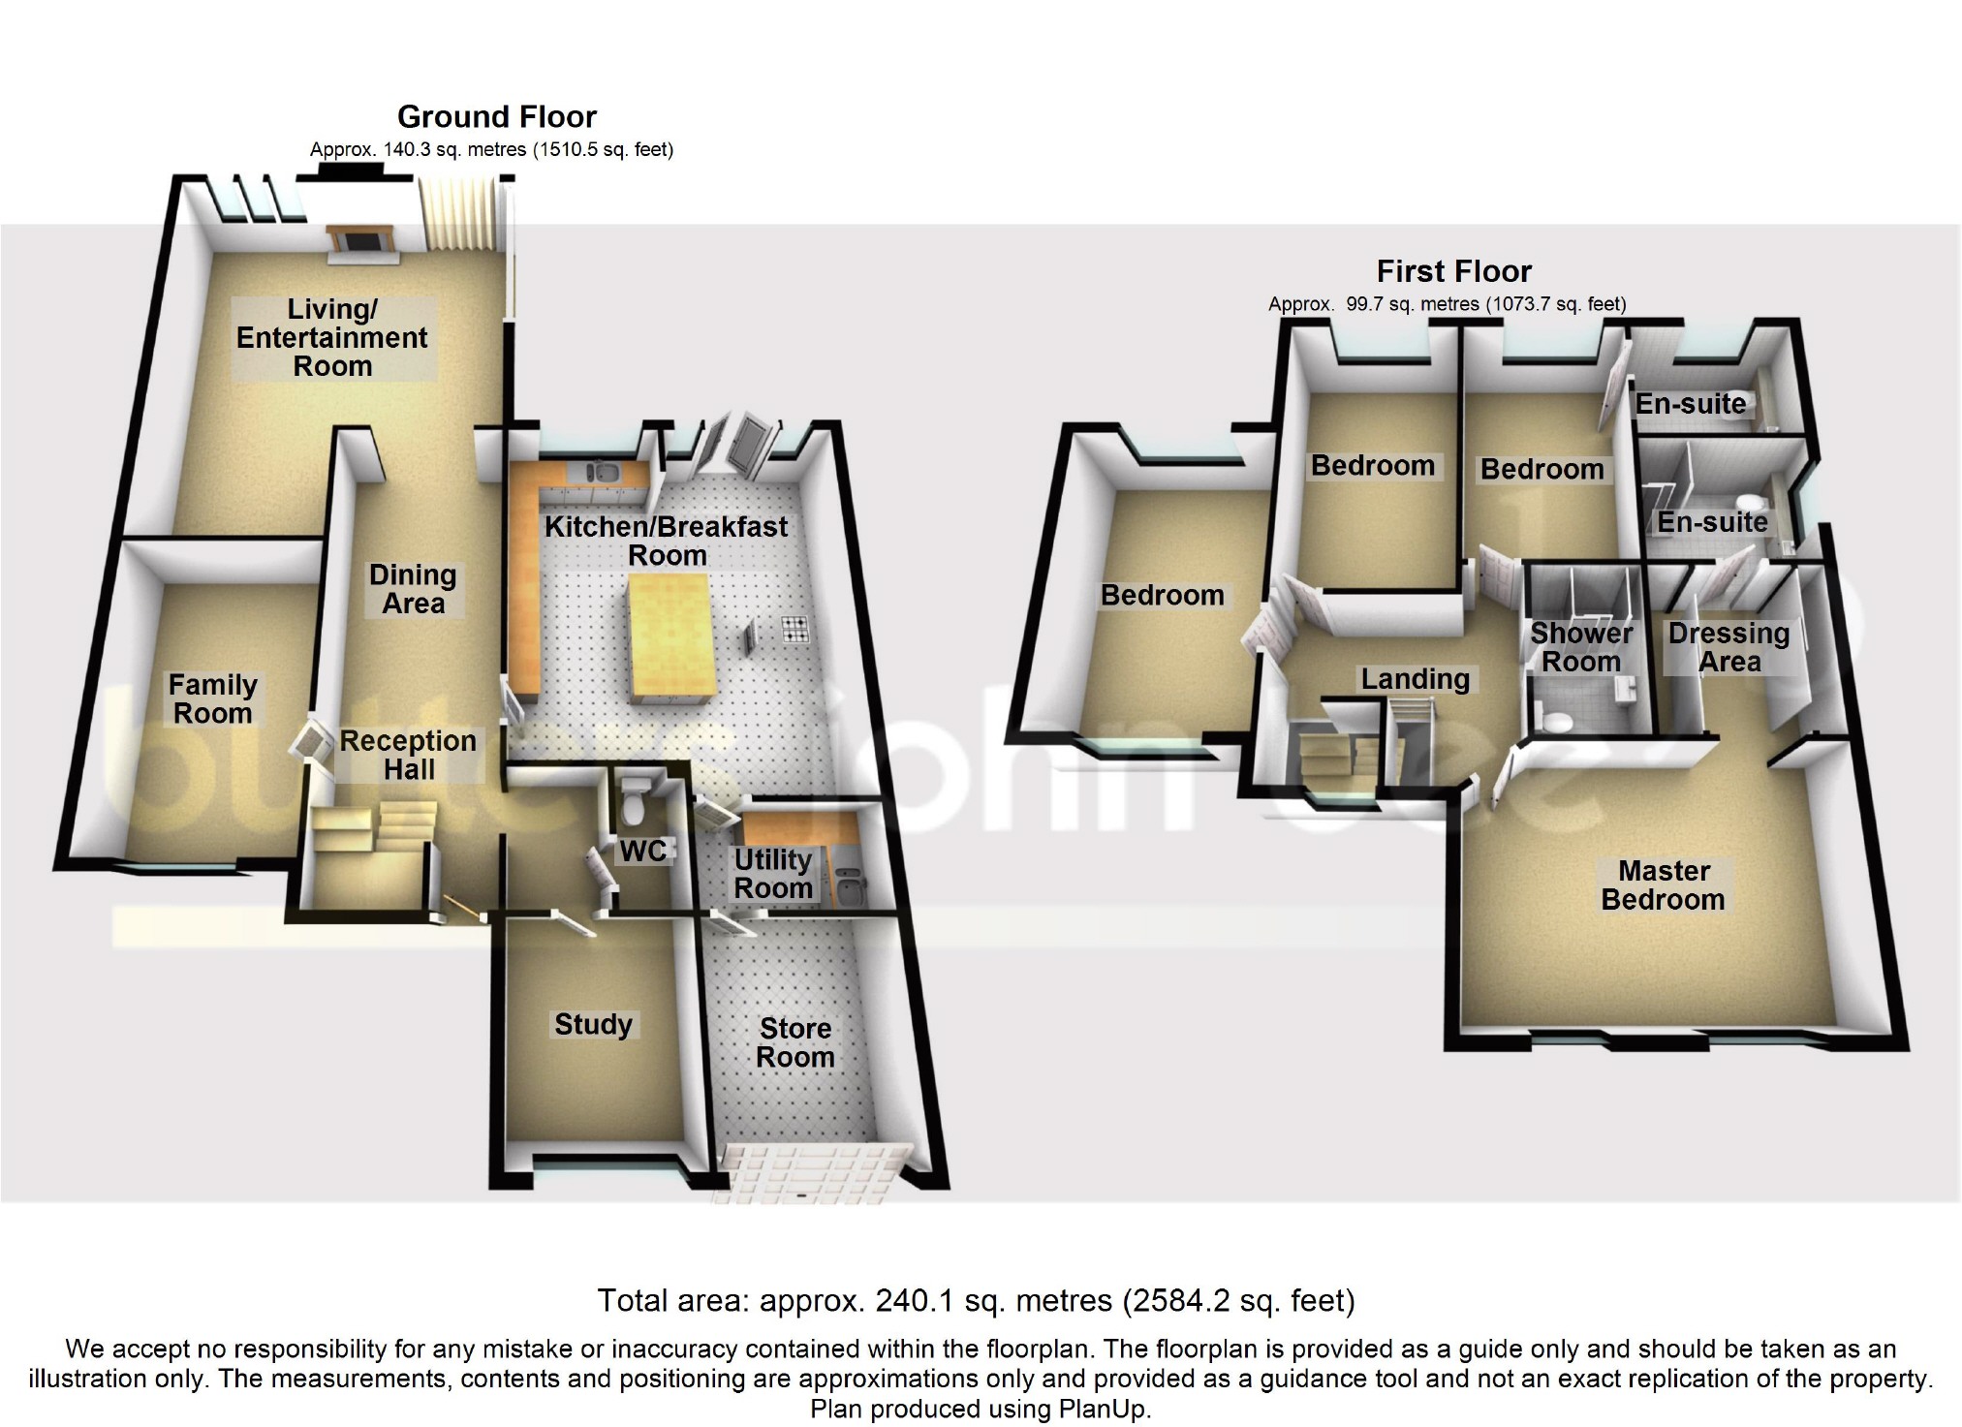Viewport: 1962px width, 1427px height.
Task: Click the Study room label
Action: pyautogui.click(x=593, y=1025)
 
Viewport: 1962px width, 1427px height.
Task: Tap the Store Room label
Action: pyautogui.click(x=795, y=1042)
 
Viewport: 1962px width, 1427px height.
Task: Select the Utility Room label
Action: pyautogui.click(x=772, y=874)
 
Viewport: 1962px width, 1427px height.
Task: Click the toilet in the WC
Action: pyautogui.click(x=636, y=798)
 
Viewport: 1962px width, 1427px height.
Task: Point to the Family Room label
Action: pyautogui.click(x=212, y=699)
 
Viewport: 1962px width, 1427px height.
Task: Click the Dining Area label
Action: pyautogui.click(x=413, y=589)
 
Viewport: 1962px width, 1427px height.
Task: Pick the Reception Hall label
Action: pyautogui.click(x=408, y=756)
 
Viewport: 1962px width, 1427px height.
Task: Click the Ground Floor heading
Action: pyautogui.click(x=497, y=117)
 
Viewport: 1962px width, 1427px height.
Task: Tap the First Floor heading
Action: pyautogui.click(x=1453, y=271)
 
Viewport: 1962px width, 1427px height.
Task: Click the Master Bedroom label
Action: pyautogui.click(x=1663, y=885)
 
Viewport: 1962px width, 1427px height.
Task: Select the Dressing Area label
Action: pyautogui.click(x=1728, y=648)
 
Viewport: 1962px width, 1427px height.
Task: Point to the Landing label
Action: pyautogui.click(x=1415, y=679)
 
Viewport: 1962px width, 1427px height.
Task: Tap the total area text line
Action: pyautogui.click(x=976, y=1301)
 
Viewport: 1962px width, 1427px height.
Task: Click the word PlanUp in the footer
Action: pyautogui.click(x=1103, y=1410)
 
